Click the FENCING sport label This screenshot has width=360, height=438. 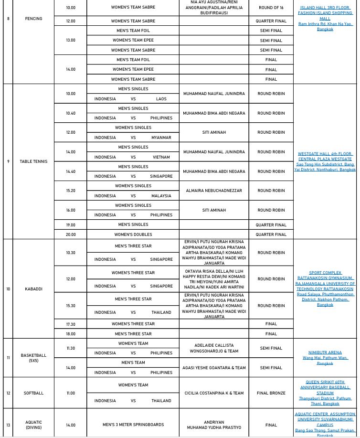(x=34, y=19)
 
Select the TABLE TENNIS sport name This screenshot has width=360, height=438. (x=33, y=161)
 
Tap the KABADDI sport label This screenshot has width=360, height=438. (x=34, y=289)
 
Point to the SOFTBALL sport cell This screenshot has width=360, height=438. (x=34, y=393)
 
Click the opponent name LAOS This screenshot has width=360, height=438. (x=161, y=98)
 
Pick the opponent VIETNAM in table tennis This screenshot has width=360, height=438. (x=161, y=157)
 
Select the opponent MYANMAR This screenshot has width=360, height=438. (x=161, y=138)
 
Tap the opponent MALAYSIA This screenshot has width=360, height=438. (x=161, y=196)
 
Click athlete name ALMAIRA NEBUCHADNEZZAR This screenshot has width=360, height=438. (x=214, y=191)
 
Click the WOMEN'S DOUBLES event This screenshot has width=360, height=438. (x=133, y=235)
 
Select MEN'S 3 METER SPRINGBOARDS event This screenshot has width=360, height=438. (x=133, y=425)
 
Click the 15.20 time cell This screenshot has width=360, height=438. (x=71, y=191)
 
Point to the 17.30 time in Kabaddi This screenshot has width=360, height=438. (x=71, y=324)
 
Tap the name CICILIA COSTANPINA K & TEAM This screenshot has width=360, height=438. (x=214, y=393)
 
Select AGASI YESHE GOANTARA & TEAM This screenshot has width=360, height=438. (x=214, y=368)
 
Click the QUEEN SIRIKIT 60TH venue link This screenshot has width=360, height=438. (x=325, y=382)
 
